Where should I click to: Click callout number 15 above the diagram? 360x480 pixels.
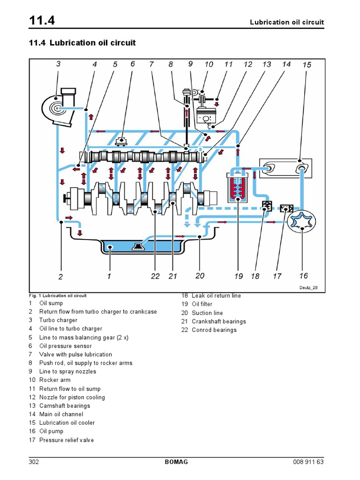tap(307, 65)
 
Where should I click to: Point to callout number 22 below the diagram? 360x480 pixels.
tap(156, 276)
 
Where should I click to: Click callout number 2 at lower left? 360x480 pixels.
tap(60, 277)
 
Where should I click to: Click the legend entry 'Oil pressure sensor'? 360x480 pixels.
tap(65, 346)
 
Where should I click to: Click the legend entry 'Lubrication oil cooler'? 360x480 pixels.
tap(67, 423)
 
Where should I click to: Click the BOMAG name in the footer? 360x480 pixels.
tap(176, 462)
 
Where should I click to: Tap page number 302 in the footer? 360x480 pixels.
tap(34, 462)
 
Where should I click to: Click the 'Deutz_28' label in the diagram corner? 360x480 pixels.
tap(308, 288)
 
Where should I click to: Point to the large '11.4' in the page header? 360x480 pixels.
tap(43, 21)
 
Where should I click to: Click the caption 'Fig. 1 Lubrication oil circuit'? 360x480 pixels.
tap(57, 296)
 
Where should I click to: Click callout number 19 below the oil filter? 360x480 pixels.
tap(239, 276)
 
